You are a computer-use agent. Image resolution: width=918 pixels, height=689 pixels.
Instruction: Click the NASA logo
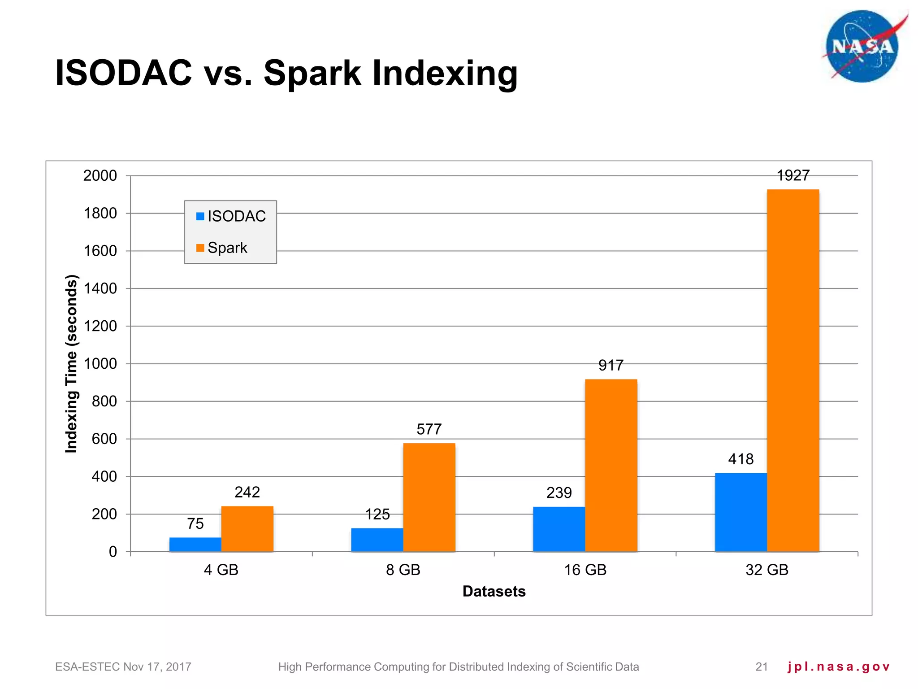pos(862,47)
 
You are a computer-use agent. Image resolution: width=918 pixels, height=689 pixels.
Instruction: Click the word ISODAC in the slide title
pos(123,73)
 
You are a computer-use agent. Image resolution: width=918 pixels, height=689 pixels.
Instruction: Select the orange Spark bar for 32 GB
pos(792,370)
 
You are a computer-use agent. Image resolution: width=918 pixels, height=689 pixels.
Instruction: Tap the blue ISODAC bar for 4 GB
pos(195,544)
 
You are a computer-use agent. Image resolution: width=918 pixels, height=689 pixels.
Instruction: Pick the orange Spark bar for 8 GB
pos(429,497)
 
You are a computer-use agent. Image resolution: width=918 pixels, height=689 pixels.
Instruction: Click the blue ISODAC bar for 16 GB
pos(559,529)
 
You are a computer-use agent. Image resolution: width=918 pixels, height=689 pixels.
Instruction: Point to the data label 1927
pos(792,175)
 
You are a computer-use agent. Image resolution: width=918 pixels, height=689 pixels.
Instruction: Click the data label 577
pos(429,429)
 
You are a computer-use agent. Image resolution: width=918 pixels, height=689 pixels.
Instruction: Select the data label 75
pos(195,523)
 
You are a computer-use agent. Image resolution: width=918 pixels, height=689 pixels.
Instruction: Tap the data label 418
pos(740,459)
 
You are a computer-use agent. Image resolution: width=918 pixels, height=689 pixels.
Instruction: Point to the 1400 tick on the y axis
pos(100,288)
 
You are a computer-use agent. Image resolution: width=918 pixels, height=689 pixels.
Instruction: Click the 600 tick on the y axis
pos(104,439)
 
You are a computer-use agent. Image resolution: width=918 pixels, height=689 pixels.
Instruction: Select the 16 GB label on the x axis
pos(585,570)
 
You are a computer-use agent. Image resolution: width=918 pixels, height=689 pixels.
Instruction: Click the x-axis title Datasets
pos(494,591)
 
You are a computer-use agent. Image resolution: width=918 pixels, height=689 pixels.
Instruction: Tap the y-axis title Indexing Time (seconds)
pos(72,363)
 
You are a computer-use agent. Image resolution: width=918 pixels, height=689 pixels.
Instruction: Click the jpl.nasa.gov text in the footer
pos(838,667)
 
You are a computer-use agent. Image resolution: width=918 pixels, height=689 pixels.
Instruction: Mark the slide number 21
pos(762,667)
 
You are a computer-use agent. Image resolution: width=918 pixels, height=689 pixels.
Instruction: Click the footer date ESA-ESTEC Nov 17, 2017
pos(123,667)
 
